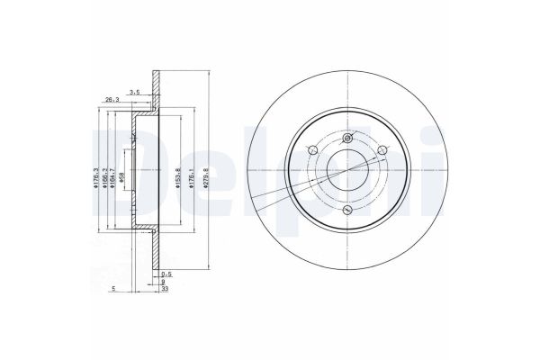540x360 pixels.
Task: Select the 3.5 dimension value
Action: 134,92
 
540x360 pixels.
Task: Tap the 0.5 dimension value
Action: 165,273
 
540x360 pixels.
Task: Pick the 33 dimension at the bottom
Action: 165,288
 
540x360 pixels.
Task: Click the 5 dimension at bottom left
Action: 113,288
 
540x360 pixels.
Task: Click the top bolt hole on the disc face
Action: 346,138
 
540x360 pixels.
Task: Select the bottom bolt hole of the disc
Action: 346,210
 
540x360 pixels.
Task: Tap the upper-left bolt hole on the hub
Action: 311,150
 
